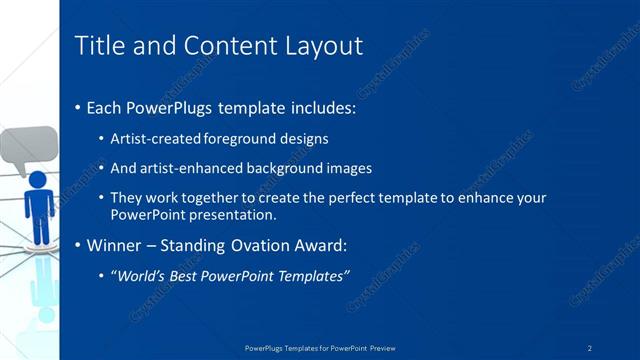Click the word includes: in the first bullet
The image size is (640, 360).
(x=319, y=107)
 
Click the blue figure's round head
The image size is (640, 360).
(x=38, y=181)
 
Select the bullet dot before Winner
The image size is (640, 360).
(x=78, y=245)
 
